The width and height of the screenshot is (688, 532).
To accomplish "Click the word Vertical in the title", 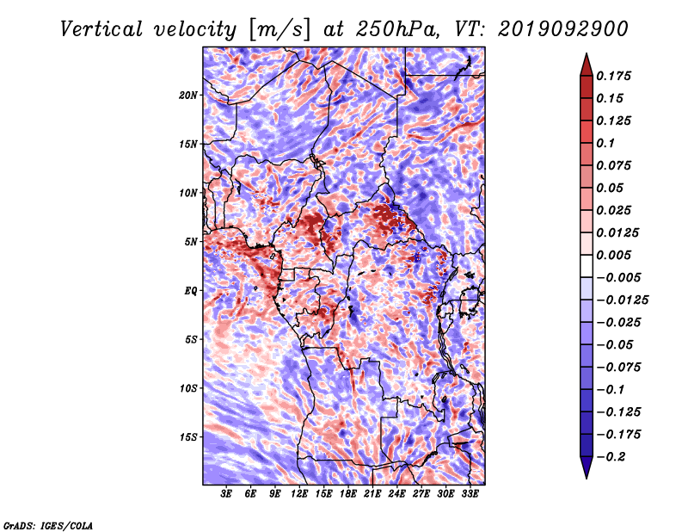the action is pyautogui.click(x=101, y=29).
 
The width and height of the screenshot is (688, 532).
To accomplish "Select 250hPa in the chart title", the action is pyautogui.click(x=397, y=29).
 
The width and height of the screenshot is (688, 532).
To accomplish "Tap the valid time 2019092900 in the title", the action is pyautogui.click(x=563, y=29).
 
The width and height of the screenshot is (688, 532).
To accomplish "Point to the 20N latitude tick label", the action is pyautogui.click(x=188, y=96).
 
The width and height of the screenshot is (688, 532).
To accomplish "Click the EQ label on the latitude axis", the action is pyautogui.click(x=190, y=291).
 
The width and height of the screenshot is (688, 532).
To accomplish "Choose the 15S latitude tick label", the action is pyautogui.click(x=188, y=437).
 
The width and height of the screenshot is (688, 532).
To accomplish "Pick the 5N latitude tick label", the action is pyautogui.click(x=191, y=242).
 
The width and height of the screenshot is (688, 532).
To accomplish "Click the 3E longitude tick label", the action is pyautogui.click(x=226, y=494).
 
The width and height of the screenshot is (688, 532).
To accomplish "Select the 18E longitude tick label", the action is pyautogui.click(x=348, y=494).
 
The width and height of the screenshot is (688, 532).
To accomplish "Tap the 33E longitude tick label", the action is pyautogui.click(x=470, y=494).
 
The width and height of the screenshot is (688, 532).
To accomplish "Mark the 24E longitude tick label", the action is pyautogui.click(x=396, y=494).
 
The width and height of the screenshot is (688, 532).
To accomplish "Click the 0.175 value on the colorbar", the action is pyautogui.click(x=613, y=76).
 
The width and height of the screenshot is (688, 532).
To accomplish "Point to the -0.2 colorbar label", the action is pyautogui.click(x=611, y=457).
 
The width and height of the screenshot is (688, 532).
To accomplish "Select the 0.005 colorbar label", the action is pyautogui.click(x=613, y=255).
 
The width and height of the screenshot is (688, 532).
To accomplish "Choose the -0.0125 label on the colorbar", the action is pyautogui.click(x=622, y=300).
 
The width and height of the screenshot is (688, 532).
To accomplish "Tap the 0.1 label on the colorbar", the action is pyautogui.click(x=605, y=143).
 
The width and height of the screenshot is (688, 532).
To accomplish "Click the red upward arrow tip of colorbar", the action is pyautogui.click(x=587, y=53).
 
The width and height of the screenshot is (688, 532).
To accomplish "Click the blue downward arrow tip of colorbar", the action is pyautogui.click(x=587, y=478).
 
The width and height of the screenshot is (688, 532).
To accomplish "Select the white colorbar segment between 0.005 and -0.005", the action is pyautogui.click(x=587, y=266).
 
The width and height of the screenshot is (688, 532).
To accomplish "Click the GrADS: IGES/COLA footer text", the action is pyautogui.click(x=48, y=526).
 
